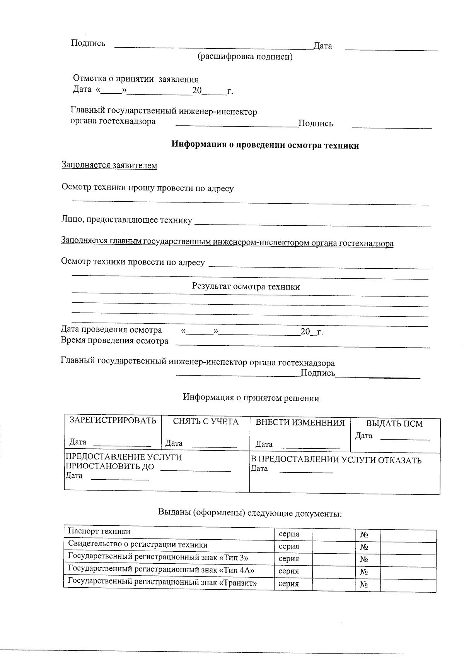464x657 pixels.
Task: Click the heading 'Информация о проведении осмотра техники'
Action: pos(265,146)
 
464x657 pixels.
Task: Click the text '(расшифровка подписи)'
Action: pos(245,57)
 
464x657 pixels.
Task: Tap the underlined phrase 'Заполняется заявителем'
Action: pos(109,165)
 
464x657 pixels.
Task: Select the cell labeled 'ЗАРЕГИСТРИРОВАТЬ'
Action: pos(113,420)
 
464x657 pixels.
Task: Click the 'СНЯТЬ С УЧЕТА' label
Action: pos(206,422)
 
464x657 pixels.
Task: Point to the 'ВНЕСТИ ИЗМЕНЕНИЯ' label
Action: pos(300,423)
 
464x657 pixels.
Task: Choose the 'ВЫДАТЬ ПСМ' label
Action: pos(394,424)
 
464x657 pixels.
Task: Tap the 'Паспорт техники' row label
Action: pos(99,531)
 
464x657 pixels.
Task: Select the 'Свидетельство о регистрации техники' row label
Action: pos(138,545)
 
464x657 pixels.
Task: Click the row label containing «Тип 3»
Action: pos(158,557)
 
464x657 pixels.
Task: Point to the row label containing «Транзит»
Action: pos(162,583)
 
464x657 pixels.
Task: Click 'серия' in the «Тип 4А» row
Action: pos(289,571)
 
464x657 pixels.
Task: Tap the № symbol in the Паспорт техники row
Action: pos(364,535)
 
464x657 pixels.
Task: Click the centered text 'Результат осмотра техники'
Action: pos(246,287)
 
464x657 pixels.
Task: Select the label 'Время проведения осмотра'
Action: pos(115,341)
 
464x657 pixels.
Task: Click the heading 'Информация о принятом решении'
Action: pos(251,398)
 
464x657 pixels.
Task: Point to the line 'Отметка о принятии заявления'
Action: pos(136,79)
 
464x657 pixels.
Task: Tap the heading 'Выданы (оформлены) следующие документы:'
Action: pos(250,513)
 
